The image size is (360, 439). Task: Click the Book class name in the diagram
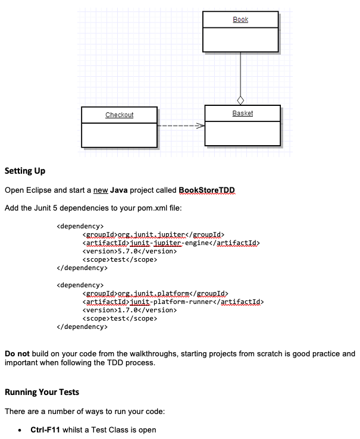click(240, 20)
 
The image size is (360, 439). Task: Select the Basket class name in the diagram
click(242, 113)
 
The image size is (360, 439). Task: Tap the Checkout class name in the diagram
click(119, 115)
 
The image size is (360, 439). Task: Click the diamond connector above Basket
click(240, 100)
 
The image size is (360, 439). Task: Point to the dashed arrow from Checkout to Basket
click(181, 126)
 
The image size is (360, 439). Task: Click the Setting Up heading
click(25, 171)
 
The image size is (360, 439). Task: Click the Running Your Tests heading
click(42, 393)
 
